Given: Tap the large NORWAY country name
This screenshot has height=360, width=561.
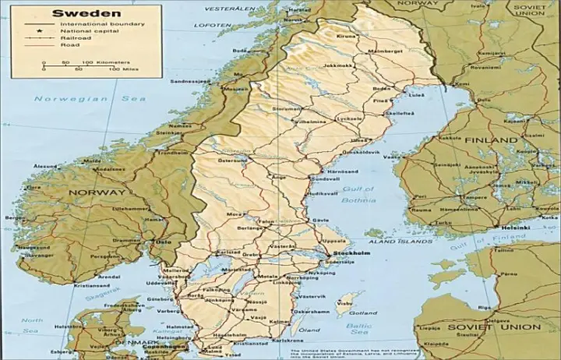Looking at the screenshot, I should pyautogui.click(x=97, y=192).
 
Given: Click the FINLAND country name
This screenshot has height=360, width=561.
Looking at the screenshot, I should pyautogui.click(x=491, y=140).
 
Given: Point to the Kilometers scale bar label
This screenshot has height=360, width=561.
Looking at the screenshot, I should pyautogui.click(x=98, y=62).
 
